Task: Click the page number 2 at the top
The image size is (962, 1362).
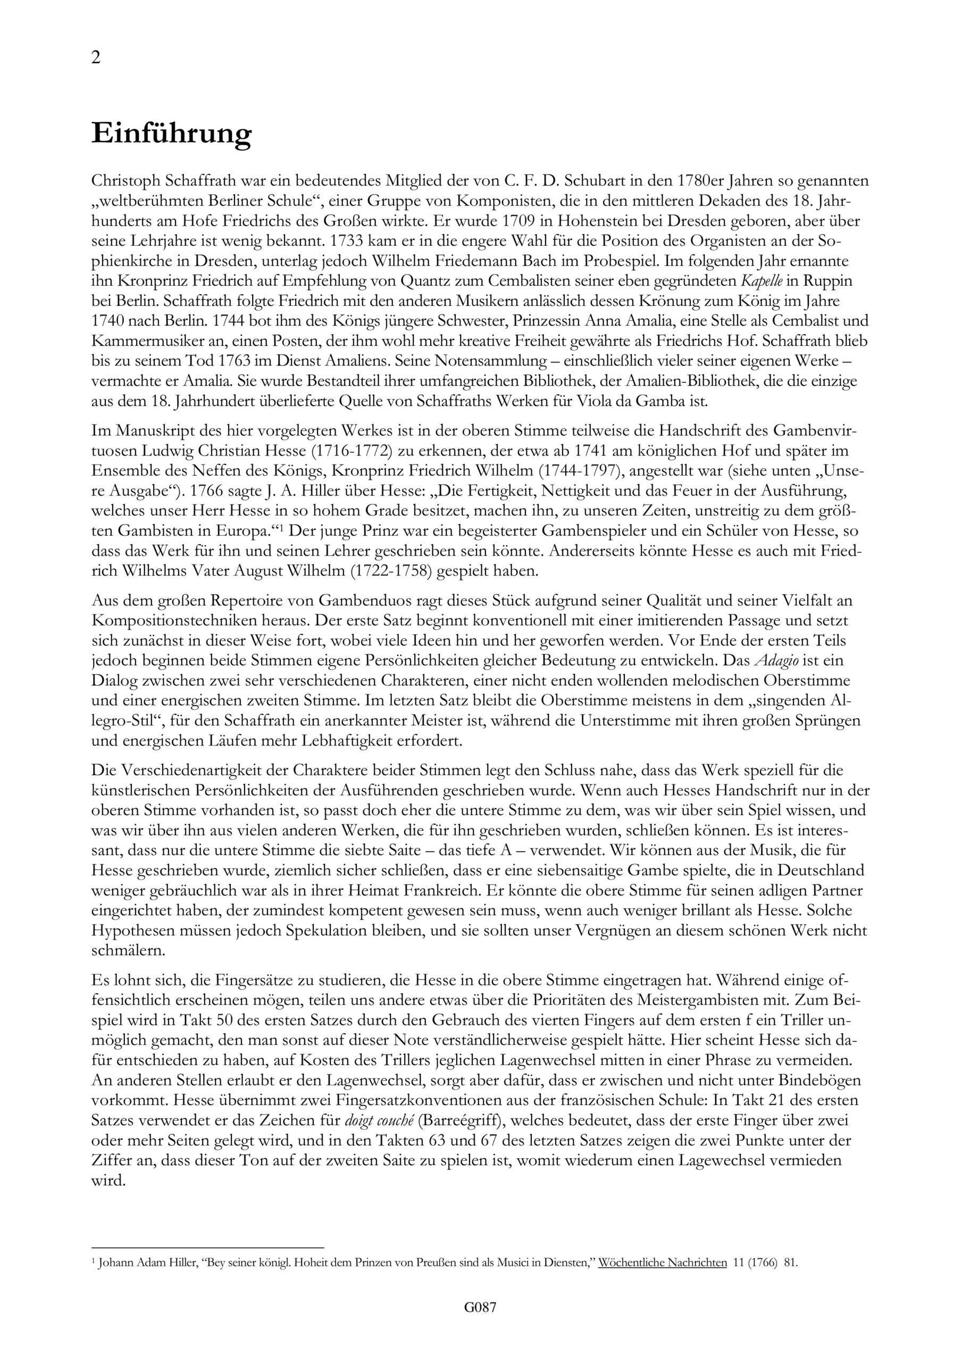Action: coord(96,57)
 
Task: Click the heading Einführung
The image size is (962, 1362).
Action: coord(171,134)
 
